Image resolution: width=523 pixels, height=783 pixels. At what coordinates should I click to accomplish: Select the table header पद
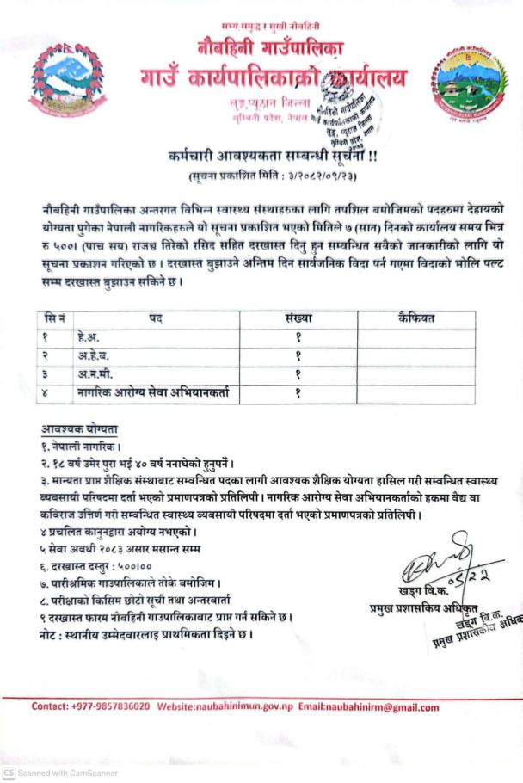pos(155,318)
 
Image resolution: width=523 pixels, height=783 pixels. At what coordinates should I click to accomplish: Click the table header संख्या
pos(296,318)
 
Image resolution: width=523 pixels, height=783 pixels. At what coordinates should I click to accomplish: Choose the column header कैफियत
pos(416,318)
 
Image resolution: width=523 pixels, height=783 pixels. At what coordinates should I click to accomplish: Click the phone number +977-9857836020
pos(109,707)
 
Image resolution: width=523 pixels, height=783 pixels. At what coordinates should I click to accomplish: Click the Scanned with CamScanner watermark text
pos(60,774)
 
